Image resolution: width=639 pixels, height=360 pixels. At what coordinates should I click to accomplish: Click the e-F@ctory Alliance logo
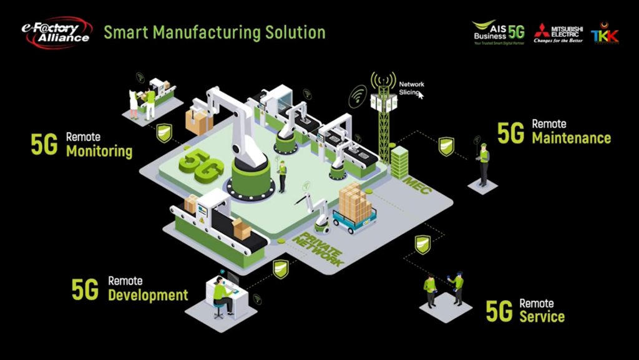(56, 32)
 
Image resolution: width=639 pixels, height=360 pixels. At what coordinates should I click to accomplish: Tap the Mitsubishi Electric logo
(559, 32)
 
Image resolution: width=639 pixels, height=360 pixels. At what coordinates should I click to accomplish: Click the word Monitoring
(99, 151)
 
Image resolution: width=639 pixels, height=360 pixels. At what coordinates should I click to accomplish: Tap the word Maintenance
(571, 137)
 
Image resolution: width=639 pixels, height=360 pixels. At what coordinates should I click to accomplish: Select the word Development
(148, 295)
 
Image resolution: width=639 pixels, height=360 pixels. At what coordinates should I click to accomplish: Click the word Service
(542, 316)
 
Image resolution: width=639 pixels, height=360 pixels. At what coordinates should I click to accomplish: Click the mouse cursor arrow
(421, 95)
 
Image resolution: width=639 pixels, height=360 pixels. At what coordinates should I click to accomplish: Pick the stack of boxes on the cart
(354, 202)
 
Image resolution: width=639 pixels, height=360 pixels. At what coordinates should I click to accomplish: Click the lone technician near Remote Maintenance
(483, 163)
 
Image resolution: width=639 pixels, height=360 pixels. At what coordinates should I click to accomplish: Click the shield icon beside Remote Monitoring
(164, 132)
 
